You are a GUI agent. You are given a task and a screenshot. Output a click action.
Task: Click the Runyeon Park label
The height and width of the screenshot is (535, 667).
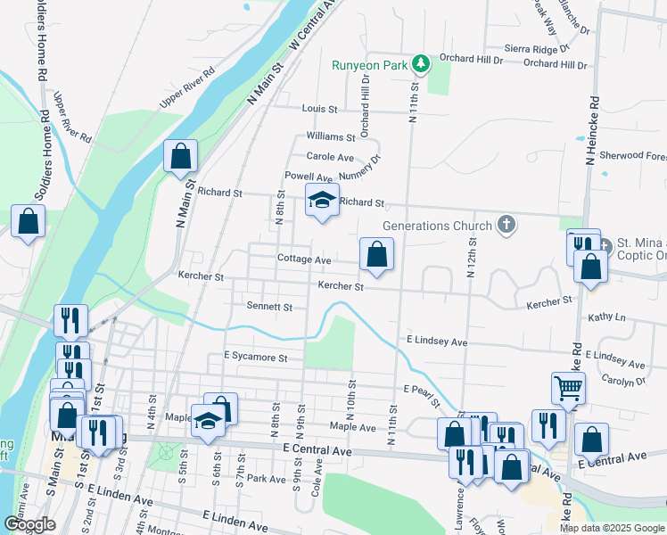pos(369,65)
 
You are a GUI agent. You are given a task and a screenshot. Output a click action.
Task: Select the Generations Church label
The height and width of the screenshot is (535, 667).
pos(437,226)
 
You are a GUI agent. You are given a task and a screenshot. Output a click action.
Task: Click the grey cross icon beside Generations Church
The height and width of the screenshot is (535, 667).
pos(506,224)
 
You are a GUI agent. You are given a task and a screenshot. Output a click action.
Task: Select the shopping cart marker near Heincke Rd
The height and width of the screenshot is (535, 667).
pos(568,388)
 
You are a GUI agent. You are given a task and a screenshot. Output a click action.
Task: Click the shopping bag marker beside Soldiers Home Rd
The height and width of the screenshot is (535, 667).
pos(28,222)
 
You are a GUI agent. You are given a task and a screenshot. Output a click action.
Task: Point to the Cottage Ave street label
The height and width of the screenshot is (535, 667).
pos(304,259)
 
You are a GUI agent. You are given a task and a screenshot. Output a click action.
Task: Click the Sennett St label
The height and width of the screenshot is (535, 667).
pos(269,307)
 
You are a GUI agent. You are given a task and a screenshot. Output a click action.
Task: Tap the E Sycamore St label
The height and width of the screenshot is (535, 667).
pos(256,357)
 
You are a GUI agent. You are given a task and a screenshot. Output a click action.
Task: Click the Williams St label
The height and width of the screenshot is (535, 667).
pos(331,136)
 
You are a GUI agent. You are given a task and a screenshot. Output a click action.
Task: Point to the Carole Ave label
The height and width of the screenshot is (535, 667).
pos(331,157)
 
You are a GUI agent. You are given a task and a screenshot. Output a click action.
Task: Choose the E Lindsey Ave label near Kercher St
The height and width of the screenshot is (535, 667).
pos(437,342)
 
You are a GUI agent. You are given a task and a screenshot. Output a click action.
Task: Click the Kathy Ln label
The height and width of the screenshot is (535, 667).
pos(607,317)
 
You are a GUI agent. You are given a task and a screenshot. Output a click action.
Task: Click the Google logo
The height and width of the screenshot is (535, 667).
pos(29,524)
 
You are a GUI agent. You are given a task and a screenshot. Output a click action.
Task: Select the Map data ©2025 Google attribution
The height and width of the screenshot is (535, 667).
pos(611,528)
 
